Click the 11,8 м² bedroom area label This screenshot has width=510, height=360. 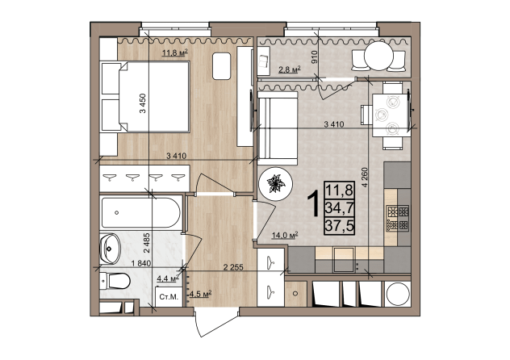175,52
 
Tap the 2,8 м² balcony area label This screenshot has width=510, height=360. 289,69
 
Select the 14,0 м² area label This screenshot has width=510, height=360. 285,236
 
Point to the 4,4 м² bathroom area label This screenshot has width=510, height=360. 168,278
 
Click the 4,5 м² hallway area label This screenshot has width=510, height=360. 200,295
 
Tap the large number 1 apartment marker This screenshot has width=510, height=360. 315,204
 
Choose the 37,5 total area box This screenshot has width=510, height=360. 340,226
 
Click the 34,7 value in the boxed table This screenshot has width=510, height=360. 340,208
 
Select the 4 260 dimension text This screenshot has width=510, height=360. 364,177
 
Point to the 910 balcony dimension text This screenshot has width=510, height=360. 314,57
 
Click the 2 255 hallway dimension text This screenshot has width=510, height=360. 233,267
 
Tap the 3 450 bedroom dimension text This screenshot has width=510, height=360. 143,103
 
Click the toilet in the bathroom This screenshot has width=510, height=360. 115,281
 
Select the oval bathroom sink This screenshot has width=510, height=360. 110,249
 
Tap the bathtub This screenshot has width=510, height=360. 141,213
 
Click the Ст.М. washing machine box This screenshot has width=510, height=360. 169,296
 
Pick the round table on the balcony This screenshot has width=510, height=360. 379,56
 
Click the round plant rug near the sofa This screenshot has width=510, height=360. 275,184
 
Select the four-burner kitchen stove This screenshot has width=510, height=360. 398,218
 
